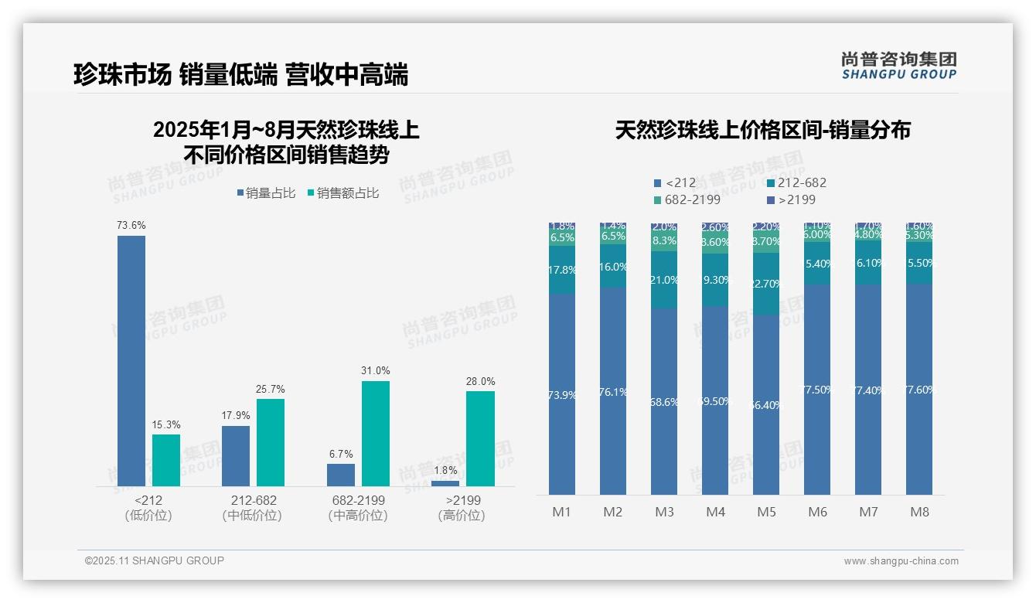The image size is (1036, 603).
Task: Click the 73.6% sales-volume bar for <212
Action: [131, 360]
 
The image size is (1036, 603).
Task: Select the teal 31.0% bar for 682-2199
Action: [375, 433]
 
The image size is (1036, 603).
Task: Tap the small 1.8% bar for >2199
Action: [445, 483]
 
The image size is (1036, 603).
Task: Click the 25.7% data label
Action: [271, 389]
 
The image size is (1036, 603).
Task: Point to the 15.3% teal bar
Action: [165, 460]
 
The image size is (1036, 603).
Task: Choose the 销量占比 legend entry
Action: [266, 193]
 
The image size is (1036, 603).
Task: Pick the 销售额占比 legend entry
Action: [343, 193]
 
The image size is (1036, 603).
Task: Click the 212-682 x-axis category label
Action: [253, 500]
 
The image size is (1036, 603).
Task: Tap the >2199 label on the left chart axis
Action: [462, 500]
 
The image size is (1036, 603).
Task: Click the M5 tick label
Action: [766, 512]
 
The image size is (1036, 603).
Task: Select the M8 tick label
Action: [919, 512]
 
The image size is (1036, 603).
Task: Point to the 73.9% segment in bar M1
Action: [562, 394]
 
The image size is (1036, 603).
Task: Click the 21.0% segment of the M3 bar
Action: [664, 280]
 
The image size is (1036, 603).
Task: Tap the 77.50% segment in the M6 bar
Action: [817, 390]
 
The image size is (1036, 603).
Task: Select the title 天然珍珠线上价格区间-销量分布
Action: [762, 130]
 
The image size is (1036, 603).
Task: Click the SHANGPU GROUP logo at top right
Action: [898, 65]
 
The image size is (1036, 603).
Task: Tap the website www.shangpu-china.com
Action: [901, 561]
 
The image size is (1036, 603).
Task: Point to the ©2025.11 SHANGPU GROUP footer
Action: [154, 560]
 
